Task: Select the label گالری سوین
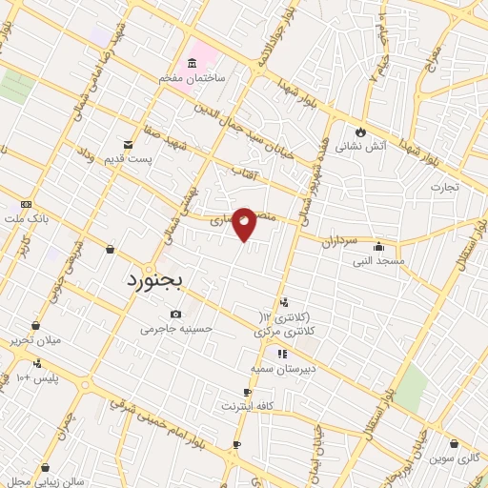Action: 456,457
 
